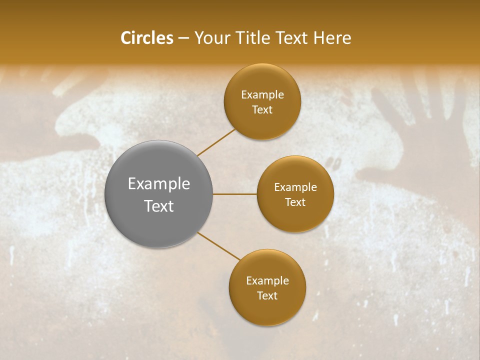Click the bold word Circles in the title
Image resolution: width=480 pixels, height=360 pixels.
pyautogui.click(x=147, y=38)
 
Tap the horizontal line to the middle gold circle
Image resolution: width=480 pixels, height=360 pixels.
pyautogui.click(x=235, y=194)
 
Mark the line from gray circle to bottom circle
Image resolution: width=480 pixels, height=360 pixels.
pyautogui.click(x=218, y=245)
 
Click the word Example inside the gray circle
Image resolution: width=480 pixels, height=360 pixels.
pyautogui.click(x=159, y=184)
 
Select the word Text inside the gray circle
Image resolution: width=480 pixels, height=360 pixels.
pyautogui.click(x=159, y=205)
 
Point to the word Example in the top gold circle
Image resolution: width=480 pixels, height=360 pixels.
pyautogui.click(x=262, y=95)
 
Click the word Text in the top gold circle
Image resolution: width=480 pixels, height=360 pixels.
pyautogui.click(x=262, y=109)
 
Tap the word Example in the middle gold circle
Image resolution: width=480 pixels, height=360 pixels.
pyautogui.click(x=295, y=187)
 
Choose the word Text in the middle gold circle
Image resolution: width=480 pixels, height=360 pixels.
pyautogui.click(x=295, y=202)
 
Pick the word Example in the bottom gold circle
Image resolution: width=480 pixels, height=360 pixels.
pyautogui.click(x=267, y=281)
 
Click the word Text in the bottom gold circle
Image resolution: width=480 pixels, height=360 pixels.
pyautogui.click(x=267, y=295)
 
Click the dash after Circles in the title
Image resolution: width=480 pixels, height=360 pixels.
pyautogui.click(x=183, y=38)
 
